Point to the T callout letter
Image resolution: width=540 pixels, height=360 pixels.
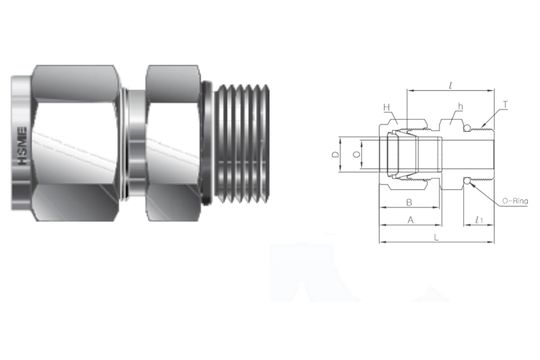(505, 103)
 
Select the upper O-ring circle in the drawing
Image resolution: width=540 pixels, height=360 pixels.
(466, 128)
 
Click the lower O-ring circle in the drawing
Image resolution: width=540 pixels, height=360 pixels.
(466, 181)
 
